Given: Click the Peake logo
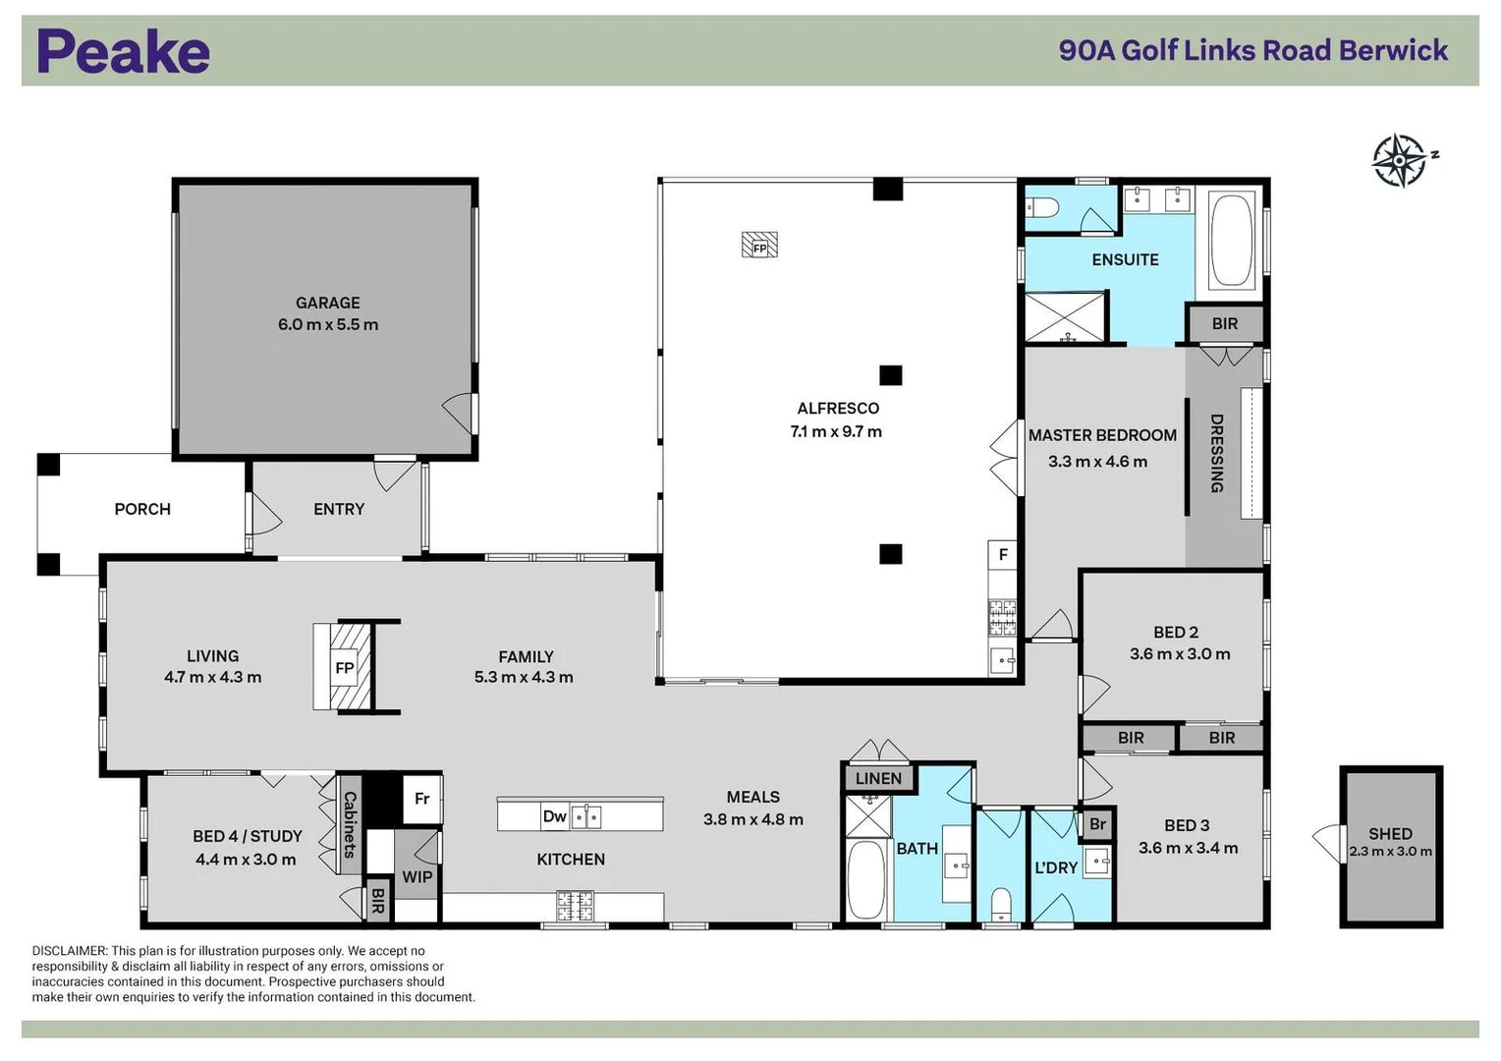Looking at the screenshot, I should click(x=123, y=51).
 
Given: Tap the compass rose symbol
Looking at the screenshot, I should click(x=1399, y=160).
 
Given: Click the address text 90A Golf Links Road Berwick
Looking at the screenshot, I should click(x=1252, y=50).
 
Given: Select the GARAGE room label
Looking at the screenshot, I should click(x=327, y=303).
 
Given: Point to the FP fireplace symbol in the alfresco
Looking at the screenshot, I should click(x=759, y=245).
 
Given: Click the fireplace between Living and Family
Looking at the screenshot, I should click(x=344, y=667).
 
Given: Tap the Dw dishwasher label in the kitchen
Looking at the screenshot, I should click(x=554, y=815).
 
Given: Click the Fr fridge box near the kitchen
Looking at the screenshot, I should click(x=421, y=799).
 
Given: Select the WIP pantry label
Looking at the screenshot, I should click(x=417, y=876).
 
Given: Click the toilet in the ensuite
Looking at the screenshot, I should click(x=1041, y=207).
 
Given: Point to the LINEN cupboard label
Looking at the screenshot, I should click(x=878, y=778).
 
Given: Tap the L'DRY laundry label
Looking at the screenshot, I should click(x=1056, y=867).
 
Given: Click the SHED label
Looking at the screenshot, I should click(x=1390, y=833).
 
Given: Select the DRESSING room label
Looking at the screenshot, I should click(x=1216, y=453).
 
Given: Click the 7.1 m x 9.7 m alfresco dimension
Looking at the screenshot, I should click(x=836, y=431).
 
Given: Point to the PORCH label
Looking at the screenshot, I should click(x=142, y=509).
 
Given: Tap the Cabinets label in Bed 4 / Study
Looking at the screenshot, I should click(x=349, y=824).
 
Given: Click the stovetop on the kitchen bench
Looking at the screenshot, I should click(x=575, y=905).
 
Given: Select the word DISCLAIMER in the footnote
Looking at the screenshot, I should click(x=69, y=951).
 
